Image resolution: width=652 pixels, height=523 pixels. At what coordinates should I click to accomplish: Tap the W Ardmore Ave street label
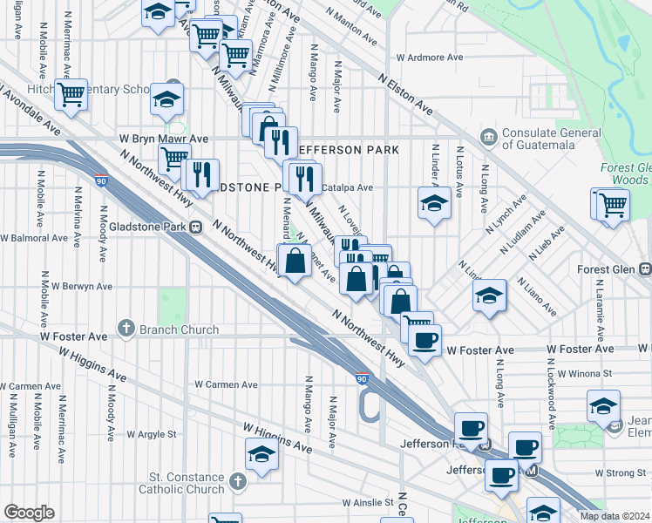coord(429,58)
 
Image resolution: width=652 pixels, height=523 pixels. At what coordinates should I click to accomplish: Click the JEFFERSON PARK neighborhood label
coord(348,150)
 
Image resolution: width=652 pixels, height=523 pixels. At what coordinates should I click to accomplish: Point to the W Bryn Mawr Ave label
coord(164,139)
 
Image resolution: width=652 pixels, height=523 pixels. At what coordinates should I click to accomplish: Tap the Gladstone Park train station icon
coord(196,227)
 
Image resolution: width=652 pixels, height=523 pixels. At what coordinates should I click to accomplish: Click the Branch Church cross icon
coord(126,329)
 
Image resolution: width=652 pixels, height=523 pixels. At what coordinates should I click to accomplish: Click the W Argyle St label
coord(152,433)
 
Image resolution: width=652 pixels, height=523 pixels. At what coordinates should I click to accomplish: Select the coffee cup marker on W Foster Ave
coord(424,341)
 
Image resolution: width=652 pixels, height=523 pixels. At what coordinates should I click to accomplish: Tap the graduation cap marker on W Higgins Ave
coord(261,455)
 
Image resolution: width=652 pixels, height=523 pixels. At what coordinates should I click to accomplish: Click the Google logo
coord(29,512)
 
